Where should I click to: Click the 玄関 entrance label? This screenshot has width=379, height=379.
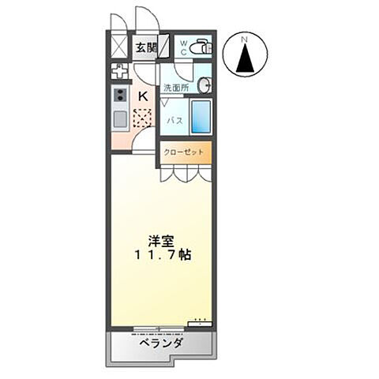(144, 47)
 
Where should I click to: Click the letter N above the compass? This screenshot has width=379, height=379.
(245, 39)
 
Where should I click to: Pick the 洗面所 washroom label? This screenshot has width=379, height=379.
(174, 88)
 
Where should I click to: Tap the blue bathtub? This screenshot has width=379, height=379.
(201, 117)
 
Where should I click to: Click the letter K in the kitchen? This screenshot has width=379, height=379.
(143, 96)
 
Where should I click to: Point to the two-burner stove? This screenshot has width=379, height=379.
(121, 96)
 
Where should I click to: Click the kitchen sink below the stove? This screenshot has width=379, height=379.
(120, 121)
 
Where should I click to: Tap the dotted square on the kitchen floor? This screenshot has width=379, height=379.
(142, 118)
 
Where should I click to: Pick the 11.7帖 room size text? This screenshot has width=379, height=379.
(161, 256)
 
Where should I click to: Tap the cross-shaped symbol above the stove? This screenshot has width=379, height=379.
(120, 71)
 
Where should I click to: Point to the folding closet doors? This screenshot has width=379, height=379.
(186, 175)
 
